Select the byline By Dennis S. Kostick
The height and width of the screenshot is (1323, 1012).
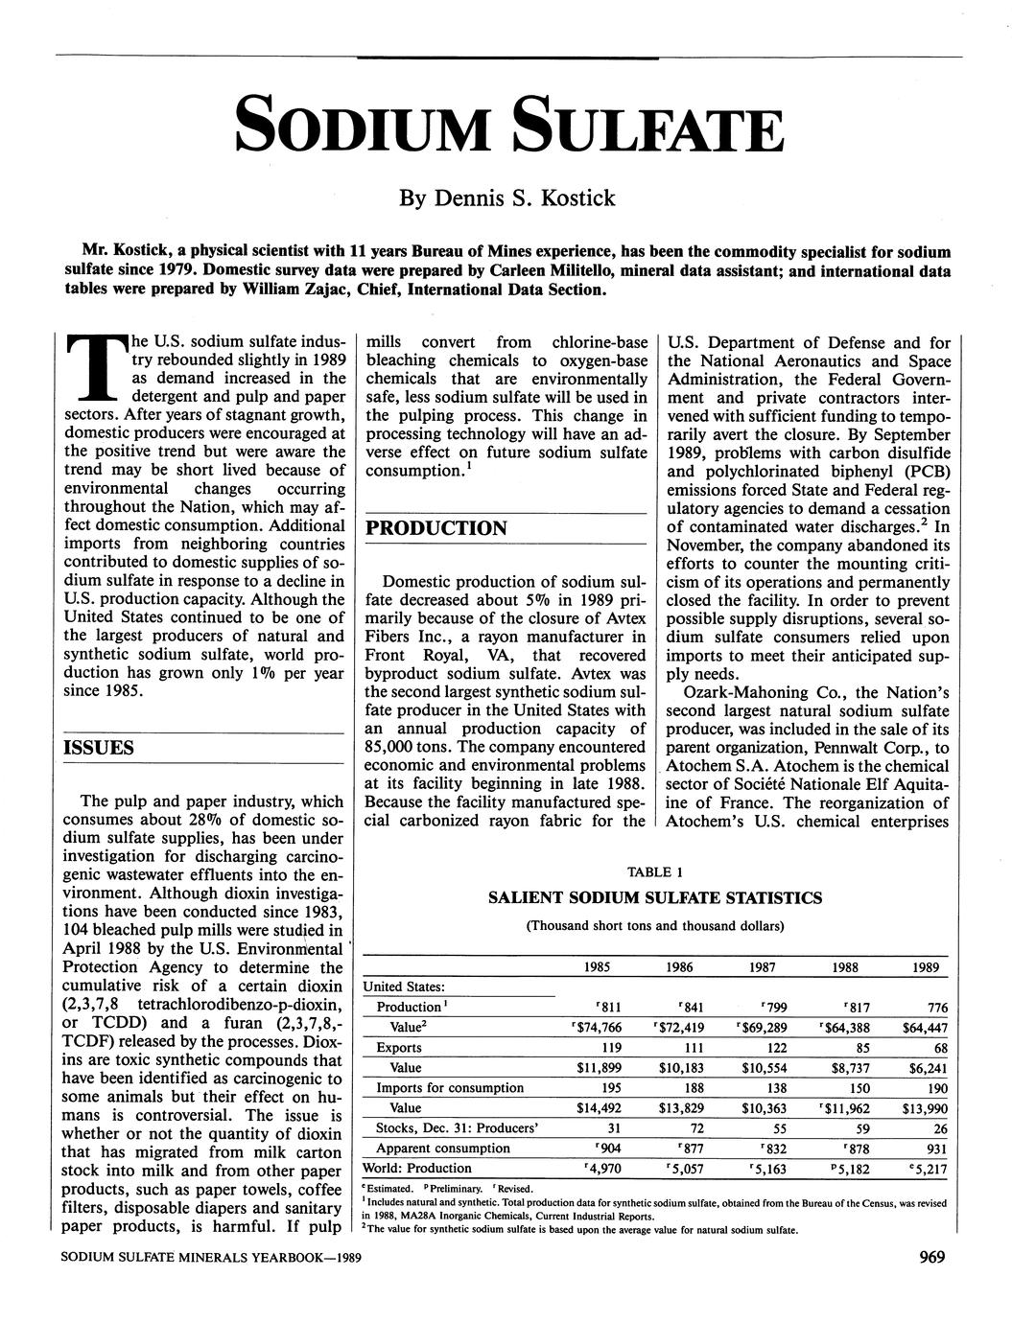(x=506, y=198)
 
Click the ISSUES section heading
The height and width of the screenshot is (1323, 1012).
(x=99, y=747)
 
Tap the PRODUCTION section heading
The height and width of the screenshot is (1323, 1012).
(x=436, y=528)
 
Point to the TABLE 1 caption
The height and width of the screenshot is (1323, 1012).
(x=654, y=871)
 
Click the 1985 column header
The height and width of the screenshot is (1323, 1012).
(x=601, y=967)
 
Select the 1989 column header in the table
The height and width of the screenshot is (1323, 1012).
(x=926, y=967)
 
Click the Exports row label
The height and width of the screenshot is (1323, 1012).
(x=398, y=1047)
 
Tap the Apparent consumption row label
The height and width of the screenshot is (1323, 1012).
(x=443, y=1148)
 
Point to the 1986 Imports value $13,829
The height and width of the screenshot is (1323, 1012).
(x=682, y=1108)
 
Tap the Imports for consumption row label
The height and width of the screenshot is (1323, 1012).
(x=450, y=1087)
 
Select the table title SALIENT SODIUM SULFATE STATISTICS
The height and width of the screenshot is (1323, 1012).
(x=654, y=898)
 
